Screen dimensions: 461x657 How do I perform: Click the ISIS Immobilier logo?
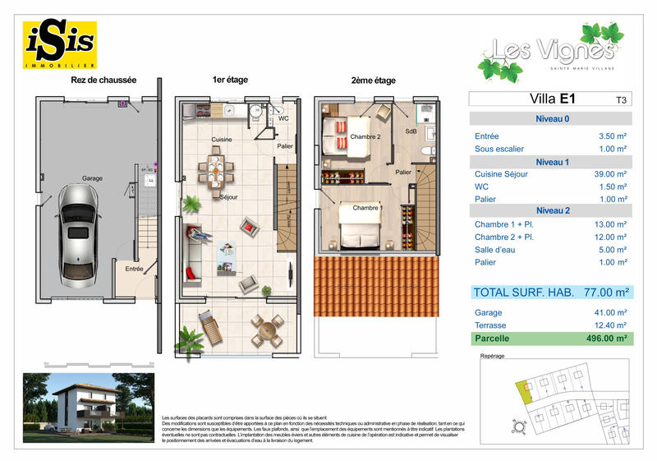60,44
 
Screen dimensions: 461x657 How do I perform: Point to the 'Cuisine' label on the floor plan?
222,140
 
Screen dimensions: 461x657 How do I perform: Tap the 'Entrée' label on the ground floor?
134,268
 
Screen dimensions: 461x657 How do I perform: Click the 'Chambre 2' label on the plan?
365,136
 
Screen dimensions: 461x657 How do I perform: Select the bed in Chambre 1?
359,225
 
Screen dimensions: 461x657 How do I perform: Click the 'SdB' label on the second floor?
411,131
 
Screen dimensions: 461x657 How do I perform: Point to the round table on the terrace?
267,332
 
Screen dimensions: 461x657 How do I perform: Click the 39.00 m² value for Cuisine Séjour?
609,174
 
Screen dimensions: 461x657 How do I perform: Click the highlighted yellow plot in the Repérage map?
521,393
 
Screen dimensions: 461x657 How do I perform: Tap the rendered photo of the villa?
87,403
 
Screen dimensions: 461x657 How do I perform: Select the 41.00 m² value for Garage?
609,312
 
